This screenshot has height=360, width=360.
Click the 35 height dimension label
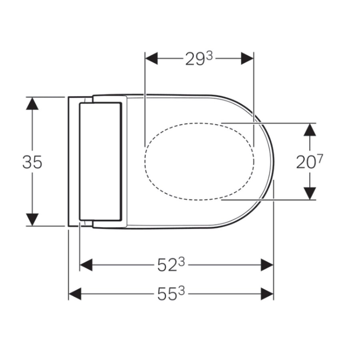click(32, 162)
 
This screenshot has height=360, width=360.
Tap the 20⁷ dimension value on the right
click(309, 162)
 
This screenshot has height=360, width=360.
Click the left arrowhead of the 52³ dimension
click(86, 264)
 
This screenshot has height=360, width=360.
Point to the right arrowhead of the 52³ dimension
click(267, 264)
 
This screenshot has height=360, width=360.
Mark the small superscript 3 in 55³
click(182, 291)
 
